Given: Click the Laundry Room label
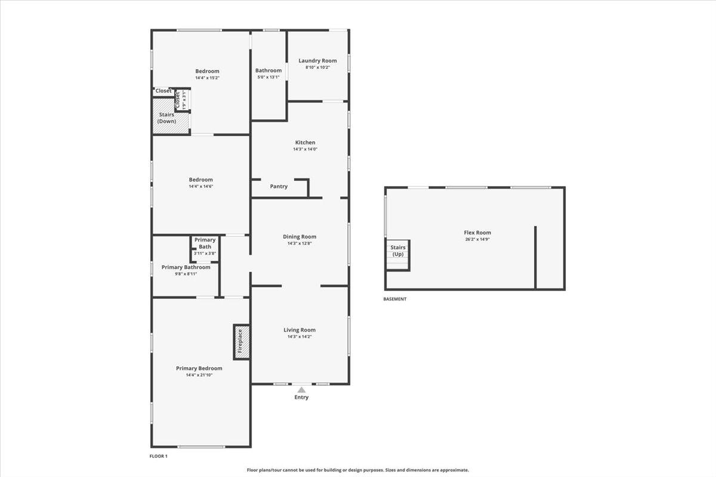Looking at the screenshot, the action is click(x=317, y=60).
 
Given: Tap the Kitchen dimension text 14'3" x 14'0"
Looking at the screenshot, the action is click(x=305, y=149).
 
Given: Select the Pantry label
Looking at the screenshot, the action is click(x=279, y=186).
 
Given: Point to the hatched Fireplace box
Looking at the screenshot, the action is click(x=242, y=342).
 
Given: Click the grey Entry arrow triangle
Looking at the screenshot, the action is click(x=301, y=390).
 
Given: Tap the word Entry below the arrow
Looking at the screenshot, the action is click(x=301, y=397).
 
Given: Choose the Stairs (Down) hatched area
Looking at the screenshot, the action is click(x=171, y=116).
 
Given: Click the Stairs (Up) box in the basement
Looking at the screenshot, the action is click(x=397, y=255).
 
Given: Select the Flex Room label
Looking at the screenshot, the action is click(x=477, y=233).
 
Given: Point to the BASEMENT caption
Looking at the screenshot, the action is click(x=395, y=299).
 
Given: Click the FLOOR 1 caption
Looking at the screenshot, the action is click(x=158, y=456).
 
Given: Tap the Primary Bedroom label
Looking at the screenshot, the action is click(x=199, y=368).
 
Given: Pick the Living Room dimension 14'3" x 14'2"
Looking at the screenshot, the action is click(x=300, y=337).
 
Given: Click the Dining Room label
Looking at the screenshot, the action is click(x=300, y=237).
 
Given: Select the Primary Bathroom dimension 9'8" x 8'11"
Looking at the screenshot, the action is click(x=186, y=274).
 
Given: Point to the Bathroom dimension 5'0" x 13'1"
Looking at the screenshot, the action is click(x=268, y=78).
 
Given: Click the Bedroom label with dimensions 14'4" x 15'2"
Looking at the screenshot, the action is click(x=208, y=71).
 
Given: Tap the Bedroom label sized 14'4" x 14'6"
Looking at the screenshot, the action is click(x=200, y=179).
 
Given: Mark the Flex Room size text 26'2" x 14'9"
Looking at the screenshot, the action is click(x=477, y=239).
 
